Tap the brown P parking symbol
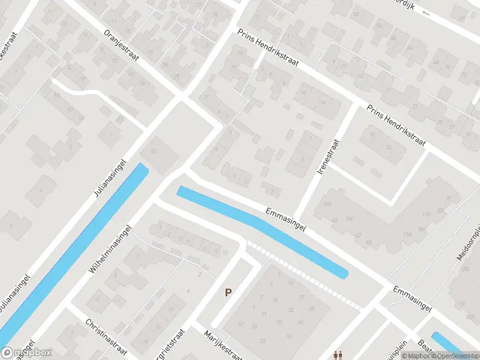pos(228,292)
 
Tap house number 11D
pos(427,214)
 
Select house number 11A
pos(407,234)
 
